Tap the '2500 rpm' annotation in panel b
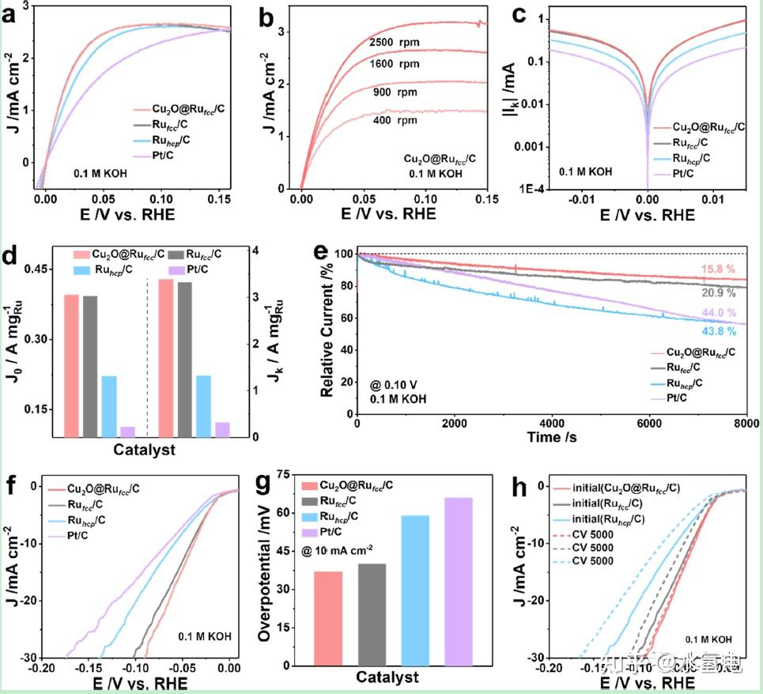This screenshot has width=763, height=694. pyautogui.click(x=394, y=41)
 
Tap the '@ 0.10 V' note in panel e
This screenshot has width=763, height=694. pyautogui.click(x=396, y=385)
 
